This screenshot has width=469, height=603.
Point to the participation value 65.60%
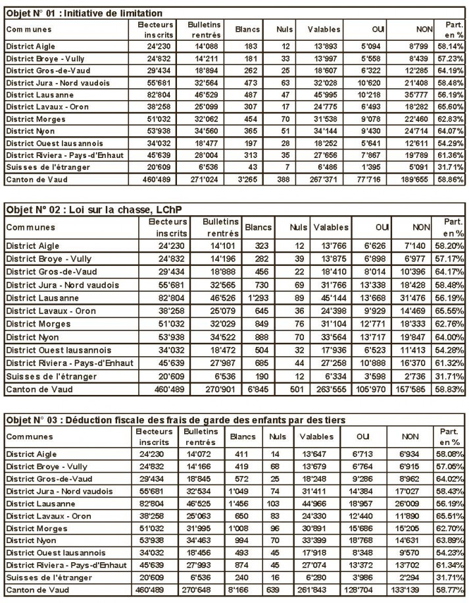pyautogui.click(x=451, y=107)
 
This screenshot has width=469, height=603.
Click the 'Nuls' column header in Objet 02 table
pyautogui.click(x=300, y=227)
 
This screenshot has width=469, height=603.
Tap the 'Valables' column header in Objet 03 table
pyautogui.click(x=316, y=436)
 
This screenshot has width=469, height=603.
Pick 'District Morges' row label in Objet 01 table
pyautogui.click(x=36, y=119)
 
